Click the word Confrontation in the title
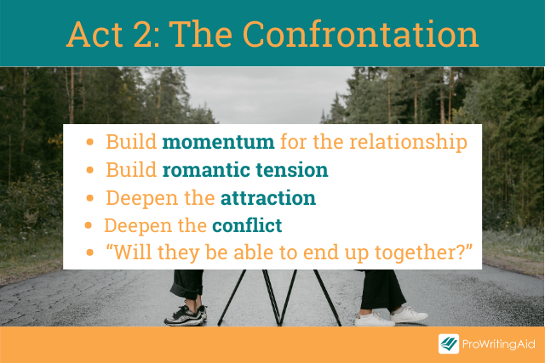tap(360, 34)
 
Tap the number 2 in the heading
tap(146, 34)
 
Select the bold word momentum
tap(218, 142)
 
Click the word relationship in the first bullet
tap(408, 143)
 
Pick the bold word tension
tap(292, 170)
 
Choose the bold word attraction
tap(268, 198)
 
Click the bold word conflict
tap(247, 225)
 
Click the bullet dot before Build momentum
tap(90, 142)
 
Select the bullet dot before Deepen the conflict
tap(89, 225)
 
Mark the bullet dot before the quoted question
tap(90, 252)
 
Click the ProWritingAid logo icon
tap(449, 343)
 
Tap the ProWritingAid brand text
tap(498, 344)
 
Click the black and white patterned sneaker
tap(186, 315)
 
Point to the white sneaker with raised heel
tap(409, 315)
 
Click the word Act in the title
tap(95, 34)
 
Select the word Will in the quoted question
tap(129, 252)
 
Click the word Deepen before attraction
tap(142, 199)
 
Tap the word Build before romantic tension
tap(131, 170)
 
